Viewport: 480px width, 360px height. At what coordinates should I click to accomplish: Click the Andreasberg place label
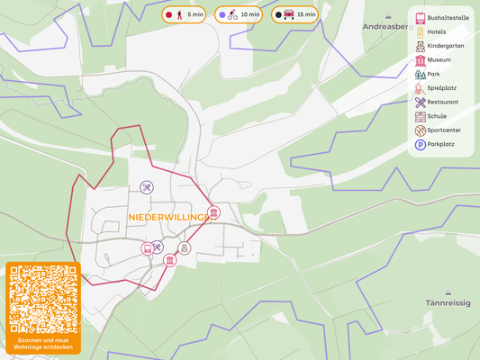coord(385,27)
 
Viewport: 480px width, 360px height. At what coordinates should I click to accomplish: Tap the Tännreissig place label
coord(448,303)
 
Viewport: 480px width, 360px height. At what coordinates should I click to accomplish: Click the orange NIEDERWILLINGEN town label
coord(169,218)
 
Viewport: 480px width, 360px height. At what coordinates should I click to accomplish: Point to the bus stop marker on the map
coord(147,248)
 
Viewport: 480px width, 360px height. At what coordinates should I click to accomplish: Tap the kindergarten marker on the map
coord(184,247)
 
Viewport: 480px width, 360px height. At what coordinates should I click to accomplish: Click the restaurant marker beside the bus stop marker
coord(158,247)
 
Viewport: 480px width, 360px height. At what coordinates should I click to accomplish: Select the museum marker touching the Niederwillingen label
coord(213,213)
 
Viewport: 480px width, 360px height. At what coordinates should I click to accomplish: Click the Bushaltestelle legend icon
coord(420,17)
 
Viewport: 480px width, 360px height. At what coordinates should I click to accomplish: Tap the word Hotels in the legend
coord(438,31)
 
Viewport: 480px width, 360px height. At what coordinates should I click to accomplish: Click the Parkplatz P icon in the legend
coord(420,144)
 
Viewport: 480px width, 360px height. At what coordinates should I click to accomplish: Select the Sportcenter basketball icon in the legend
coord(420,130)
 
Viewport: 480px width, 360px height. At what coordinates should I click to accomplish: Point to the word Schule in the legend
coord(437,116)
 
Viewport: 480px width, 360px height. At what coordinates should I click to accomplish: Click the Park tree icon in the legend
coord(420,74)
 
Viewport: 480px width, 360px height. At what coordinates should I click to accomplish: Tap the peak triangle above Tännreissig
coord(448,290)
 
